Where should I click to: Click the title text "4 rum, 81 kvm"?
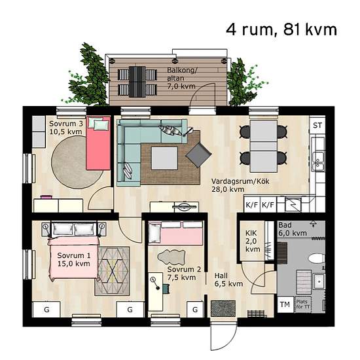281,29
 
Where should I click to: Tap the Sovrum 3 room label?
66,128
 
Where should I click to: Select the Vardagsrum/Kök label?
240,185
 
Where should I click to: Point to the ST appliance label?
317,126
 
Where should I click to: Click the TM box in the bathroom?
285,304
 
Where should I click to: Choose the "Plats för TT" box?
302,304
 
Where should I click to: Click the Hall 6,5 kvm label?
228,279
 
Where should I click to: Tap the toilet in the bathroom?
316,259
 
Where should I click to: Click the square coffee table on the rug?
164,158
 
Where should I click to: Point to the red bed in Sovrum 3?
98,143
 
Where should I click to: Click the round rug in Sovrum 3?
75,162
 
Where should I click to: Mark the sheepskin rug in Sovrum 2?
171,257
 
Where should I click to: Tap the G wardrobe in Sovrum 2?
195,310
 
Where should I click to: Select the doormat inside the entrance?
223,308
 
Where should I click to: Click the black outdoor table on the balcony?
137,82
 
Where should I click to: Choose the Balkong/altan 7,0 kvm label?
181,78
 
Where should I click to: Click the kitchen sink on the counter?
318,161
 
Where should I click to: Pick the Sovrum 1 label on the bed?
74,259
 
